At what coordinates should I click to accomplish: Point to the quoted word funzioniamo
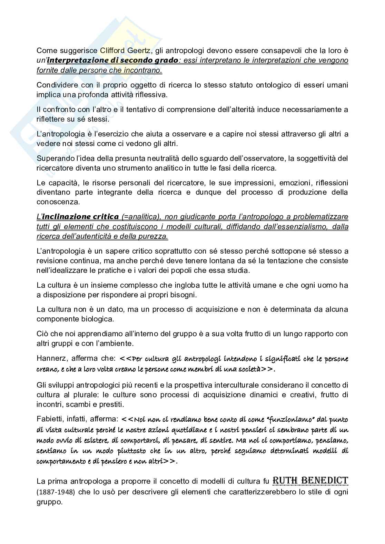pyautogui.click(x=288, y=420)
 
